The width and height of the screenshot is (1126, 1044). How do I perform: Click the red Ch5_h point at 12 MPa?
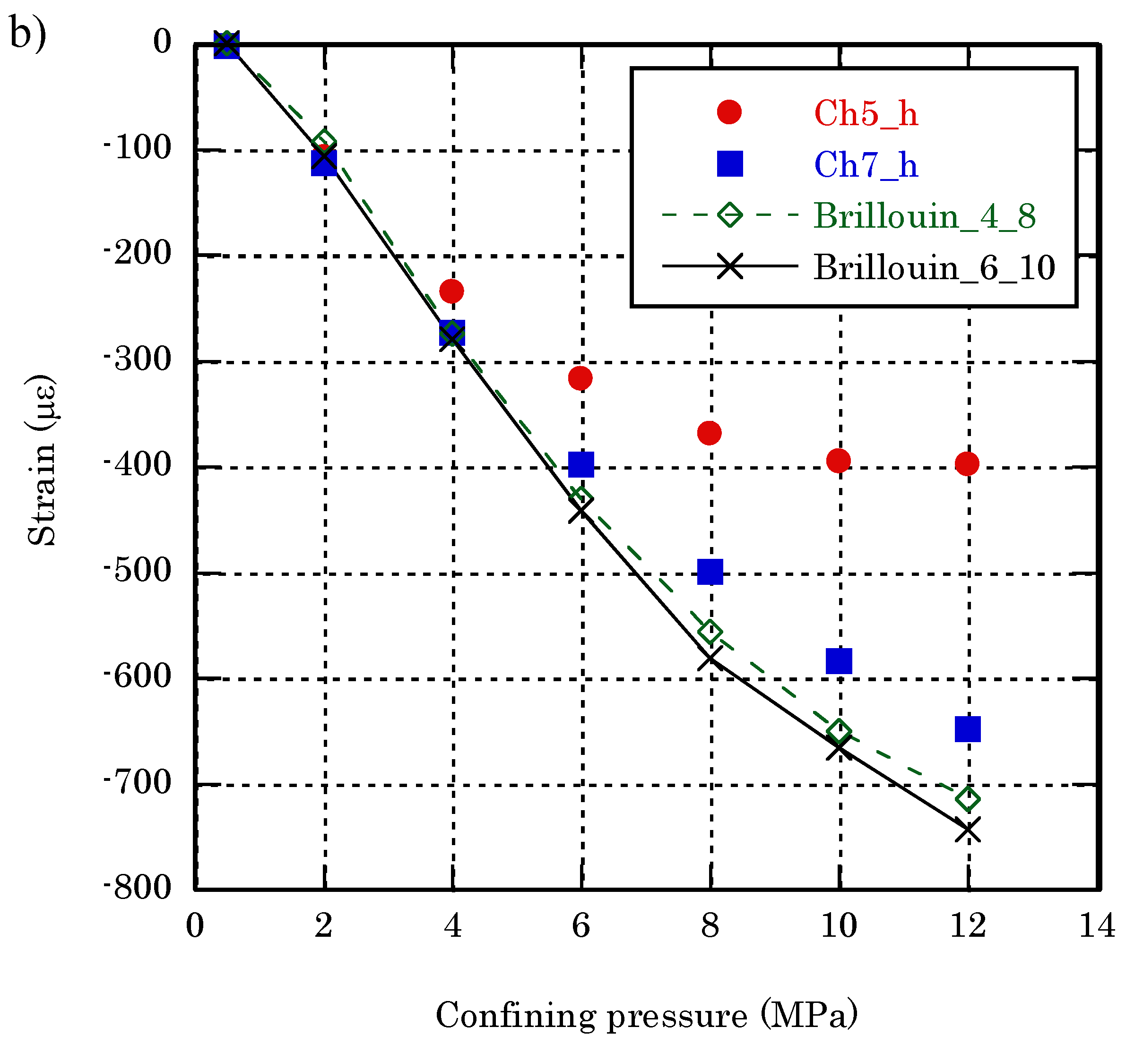967,464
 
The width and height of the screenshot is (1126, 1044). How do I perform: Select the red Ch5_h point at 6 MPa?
580,377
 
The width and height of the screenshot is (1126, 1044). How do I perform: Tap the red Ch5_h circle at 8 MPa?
709,433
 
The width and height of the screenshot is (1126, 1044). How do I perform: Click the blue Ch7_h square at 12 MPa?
967,729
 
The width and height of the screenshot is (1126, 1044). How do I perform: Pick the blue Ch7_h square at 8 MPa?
710,572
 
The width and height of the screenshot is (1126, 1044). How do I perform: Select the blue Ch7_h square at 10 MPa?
839,661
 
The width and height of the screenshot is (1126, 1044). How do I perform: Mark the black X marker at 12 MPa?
968,830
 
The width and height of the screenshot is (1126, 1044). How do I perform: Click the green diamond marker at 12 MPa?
968,799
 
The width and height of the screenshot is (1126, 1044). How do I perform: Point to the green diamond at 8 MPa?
710,632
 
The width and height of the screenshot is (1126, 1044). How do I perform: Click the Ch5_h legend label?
866,113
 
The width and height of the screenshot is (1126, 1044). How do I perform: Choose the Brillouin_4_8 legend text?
924,216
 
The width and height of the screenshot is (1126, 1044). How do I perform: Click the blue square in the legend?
729,164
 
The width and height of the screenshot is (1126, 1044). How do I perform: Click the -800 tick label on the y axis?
138,888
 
